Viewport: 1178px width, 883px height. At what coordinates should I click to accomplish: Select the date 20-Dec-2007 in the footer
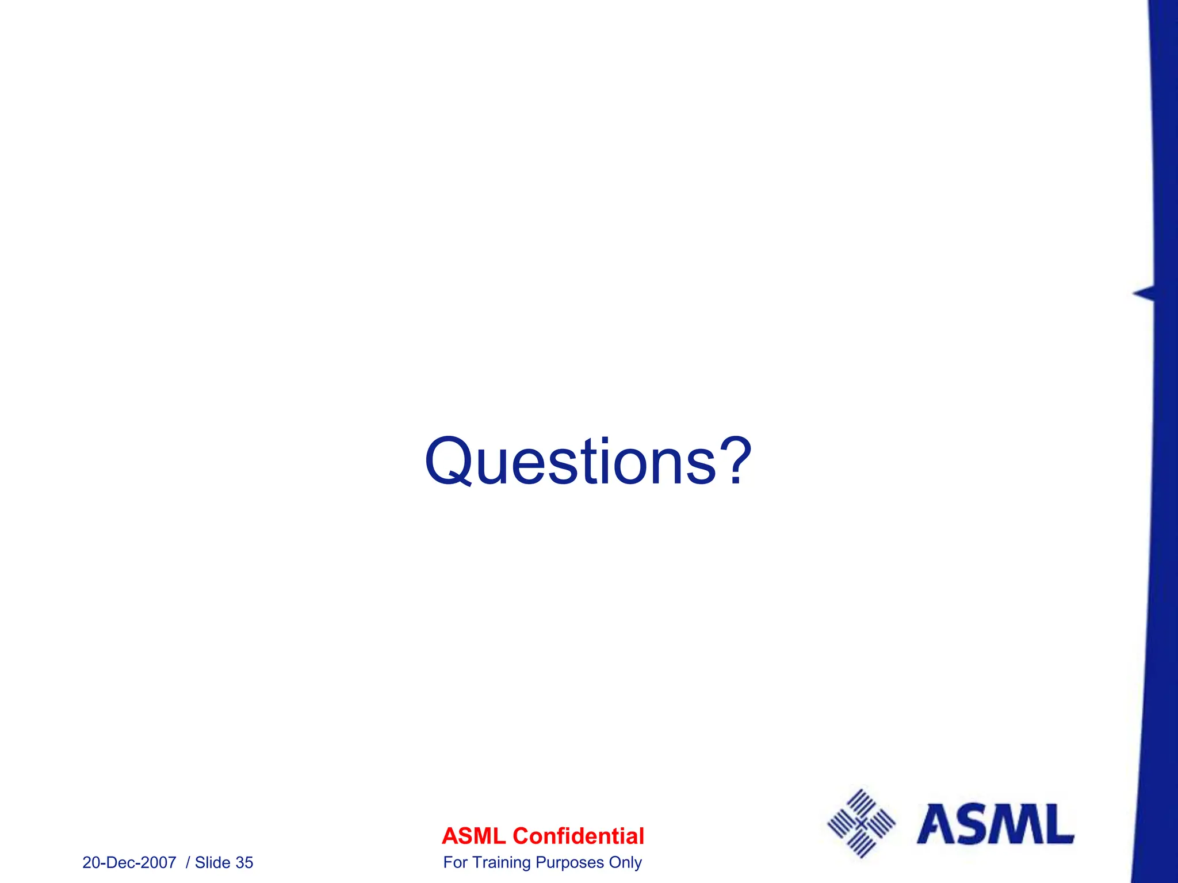point(129,862)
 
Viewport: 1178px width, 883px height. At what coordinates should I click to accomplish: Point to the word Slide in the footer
point(213,862)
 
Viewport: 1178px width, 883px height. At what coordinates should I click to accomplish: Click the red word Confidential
point(578,836)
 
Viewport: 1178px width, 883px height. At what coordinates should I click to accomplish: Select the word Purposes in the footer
point(569,862)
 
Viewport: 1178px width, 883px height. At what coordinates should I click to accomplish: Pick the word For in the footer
point(455,862)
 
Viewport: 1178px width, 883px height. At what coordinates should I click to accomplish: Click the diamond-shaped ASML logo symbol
point(861,824)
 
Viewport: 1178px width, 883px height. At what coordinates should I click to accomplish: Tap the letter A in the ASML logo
point(935,824)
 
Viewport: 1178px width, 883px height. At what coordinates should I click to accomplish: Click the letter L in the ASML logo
point(1057,824)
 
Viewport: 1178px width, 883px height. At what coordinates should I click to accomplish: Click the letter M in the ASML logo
point(1012,824)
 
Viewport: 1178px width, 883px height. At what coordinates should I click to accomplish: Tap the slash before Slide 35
point(188,862)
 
